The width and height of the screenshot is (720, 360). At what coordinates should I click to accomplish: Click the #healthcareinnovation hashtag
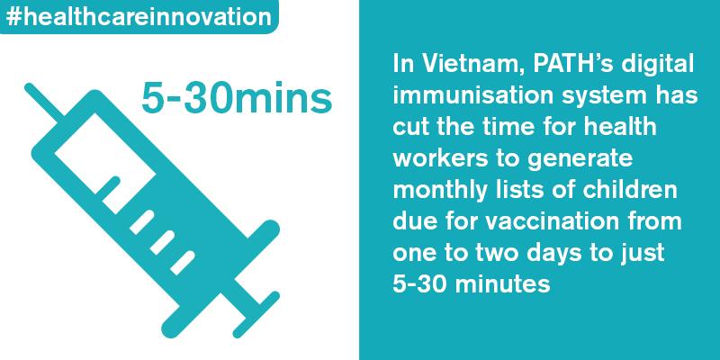pyautogui.click(x=139, y=17)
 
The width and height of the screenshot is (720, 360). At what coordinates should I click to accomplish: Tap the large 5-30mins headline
pyautogui.click(x=237, y=98)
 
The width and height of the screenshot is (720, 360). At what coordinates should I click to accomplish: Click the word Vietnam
pyautogui.click(x=464, y=65)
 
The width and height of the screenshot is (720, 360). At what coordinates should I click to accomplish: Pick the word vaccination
pyautogui.click(x=553, y=221)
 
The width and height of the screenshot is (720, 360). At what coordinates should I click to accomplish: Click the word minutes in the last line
pyautogui.click(x=504, y=284)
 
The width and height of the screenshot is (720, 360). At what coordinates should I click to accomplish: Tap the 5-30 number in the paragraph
pyautogui.click(x=421, y=284)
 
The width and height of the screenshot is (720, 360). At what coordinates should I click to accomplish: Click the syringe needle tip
pyautogui.click(x=28, y=86)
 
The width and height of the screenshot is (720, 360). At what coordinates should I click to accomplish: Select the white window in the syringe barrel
pyautogui.click(x=105, y=164)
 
